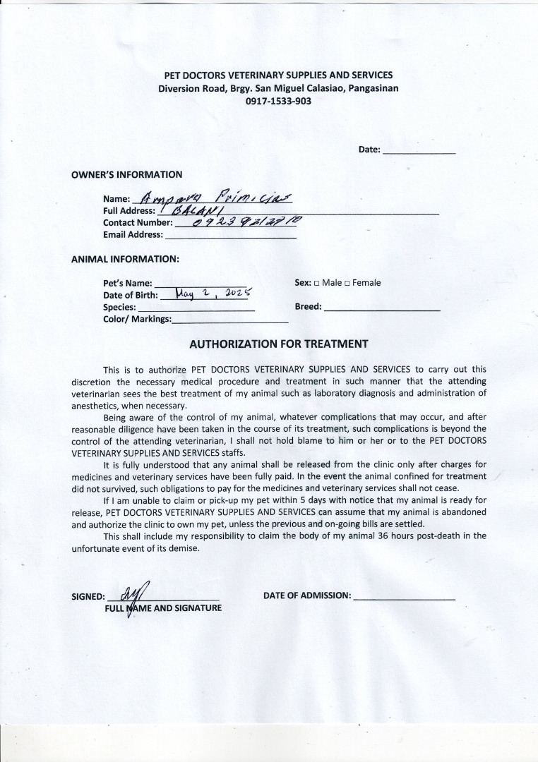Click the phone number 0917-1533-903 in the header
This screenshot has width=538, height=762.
pos(278,101)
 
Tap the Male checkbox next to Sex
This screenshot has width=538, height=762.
pos(317,284)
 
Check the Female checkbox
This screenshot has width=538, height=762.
pos(347,284)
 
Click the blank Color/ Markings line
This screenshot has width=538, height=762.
pos(230,322)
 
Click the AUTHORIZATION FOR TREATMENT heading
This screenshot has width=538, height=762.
pos(279,344)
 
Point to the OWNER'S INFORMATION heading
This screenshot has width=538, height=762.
pos(126,174)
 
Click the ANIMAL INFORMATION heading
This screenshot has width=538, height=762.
pos(125,259)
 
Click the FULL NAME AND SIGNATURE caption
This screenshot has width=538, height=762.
pos(164,607)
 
